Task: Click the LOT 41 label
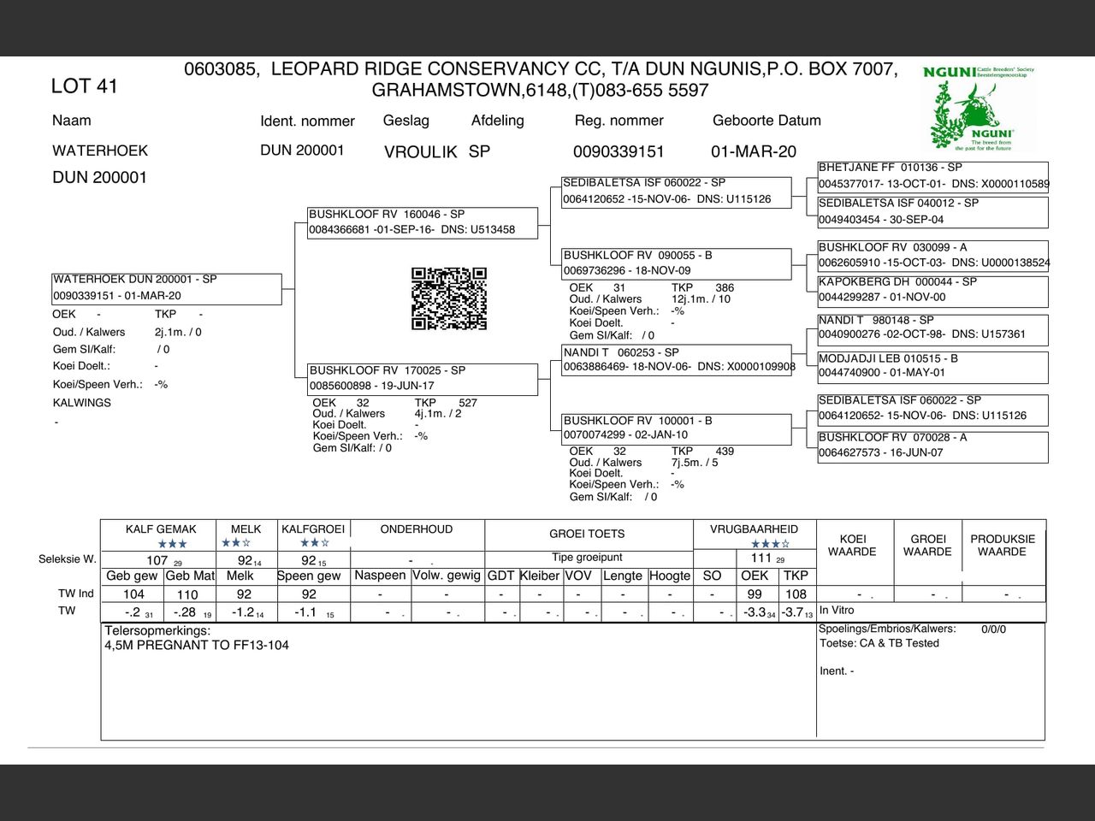click(84, 86)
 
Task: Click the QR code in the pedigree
click(449, 298)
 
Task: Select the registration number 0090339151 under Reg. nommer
click(619, 151)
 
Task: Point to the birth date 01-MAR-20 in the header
click(754, 151)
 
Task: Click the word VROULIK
click(420, 152)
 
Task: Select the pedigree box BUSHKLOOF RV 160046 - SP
click(423, 222)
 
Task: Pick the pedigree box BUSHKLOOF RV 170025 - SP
click(423, 378)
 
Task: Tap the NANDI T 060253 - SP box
click(676, 360)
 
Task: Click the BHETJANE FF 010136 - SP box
click(932, 176)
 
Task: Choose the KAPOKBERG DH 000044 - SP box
click(932, 290)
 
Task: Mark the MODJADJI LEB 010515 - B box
click(932, 366)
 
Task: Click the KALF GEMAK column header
click(161, 529)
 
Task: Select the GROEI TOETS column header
click(587, 534)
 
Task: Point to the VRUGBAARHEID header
click(754, 529)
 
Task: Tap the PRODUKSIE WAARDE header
click(1003, 546)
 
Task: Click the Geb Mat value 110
click(187, 594)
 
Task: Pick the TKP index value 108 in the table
click(796, 594)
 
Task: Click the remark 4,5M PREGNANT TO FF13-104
click(197, 645)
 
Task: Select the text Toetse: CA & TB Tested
click(879, 643)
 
